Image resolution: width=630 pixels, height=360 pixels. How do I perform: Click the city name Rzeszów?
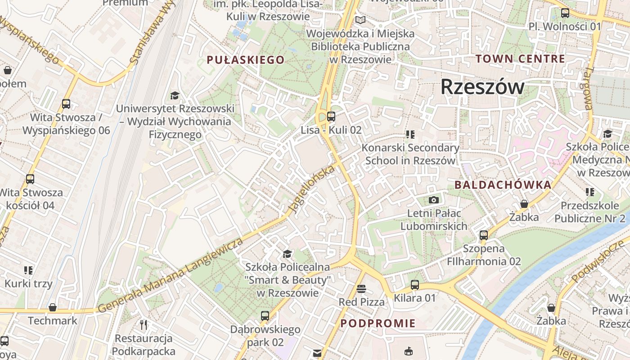[x=482, y=86]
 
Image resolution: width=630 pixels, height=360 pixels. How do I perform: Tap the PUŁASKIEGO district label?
[x=246, y=60]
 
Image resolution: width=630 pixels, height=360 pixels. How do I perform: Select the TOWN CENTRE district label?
[x=520, y=58]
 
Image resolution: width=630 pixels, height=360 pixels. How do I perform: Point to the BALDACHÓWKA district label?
[x=503, y=184]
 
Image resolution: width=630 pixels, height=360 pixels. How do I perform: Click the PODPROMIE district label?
[x=378, y=323]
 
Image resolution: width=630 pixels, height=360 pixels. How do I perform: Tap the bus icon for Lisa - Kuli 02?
[x=331, y=117]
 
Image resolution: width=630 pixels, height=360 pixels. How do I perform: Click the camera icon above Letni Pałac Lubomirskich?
[x=434, y=200]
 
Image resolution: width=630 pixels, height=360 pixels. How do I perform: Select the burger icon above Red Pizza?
[x=361, y=288]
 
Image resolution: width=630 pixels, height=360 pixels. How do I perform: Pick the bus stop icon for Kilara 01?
[x=414, y=285]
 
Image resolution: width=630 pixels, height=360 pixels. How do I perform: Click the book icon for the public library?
[x=360, y=20]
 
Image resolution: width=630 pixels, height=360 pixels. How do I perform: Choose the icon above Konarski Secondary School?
[x=410, y=134]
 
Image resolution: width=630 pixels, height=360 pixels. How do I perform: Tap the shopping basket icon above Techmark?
[x=53, y=307]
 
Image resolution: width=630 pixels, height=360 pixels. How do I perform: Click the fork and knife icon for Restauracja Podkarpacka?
[x=144, y=324]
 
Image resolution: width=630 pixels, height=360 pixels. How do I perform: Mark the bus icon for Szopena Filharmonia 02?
[x=484, y=235]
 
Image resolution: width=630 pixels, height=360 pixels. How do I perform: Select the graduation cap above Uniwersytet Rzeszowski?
[x=175, y=95]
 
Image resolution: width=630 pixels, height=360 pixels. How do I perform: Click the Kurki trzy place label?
[x=28, y=283]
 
